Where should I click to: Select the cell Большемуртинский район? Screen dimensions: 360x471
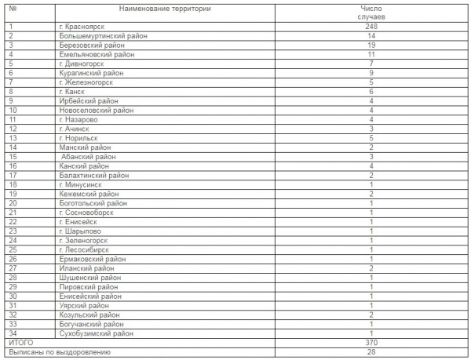(x=98, y=36)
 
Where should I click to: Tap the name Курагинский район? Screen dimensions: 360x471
(x=91, y=73)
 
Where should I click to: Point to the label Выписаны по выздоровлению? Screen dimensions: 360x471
(x=60, y=353)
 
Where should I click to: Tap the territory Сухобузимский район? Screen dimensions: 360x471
(x=96, y=333)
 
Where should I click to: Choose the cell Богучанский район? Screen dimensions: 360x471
(x=92, y=324)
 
